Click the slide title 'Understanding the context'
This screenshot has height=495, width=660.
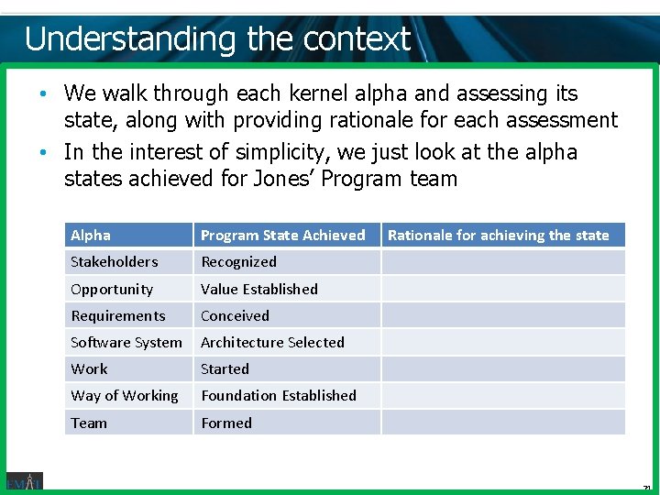click(217, 38)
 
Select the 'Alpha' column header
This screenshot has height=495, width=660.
click(91, 236)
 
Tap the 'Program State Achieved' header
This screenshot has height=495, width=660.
click(282, 236)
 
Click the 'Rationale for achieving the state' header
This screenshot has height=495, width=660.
click(498, 236)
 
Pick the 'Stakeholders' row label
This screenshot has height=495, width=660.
click(114, 262)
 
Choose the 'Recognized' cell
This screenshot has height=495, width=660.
click(238, 262)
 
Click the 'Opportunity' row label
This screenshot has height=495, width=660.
click(112, 289)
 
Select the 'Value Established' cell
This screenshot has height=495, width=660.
click(259, 289)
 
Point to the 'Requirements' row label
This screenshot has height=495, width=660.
click(118, 315)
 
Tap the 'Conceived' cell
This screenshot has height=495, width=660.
click(235, 315)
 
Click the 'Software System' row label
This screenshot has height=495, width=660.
click(126, 342)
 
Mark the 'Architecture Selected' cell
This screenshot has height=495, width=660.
click(272, 342)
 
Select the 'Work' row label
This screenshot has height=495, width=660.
click(89, 368)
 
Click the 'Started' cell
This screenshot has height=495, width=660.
click(225, 368)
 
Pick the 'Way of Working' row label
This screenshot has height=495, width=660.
click(125, 396)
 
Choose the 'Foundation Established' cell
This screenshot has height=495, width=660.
click(279, 396)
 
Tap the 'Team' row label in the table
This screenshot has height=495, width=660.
click(89, 423)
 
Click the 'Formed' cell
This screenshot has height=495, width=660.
click(226, 423)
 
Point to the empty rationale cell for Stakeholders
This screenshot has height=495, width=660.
click(502, 262)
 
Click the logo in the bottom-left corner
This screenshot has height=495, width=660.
click(24, 481)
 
